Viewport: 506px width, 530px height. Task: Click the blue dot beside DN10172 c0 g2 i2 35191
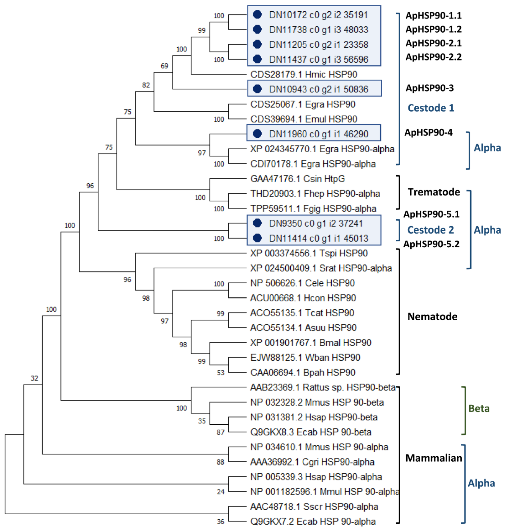tap(257, 15)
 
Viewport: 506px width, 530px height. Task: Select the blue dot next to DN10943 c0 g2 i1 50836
tap(257, 89)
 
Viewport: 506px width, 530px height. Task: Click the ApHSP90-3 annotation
tap(430, 88)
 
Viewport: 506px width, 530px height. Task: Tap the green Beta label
tap(479, 409)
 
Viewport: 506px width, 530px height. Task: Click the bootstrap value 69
tap(164, 66)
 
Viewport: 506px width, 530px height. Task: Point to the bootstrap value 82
tap(146, 85)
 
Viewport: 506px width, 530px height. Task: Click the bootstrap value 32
tap(34, 378)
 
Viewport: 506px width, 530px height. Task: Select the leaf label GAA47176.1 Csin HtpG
tap(298, 179)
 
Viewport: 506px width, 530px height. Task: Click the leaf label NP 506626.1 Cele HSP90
tap(302, 283)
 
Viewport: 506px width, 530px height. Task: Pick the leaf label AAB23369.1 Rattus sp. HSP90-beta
tap(323, 387)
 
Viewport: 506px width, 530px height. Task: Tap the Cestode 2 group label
tap(431, 230)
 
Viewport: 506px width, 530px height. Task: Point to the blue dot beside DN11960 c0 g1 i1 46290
tap(257, 133)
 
